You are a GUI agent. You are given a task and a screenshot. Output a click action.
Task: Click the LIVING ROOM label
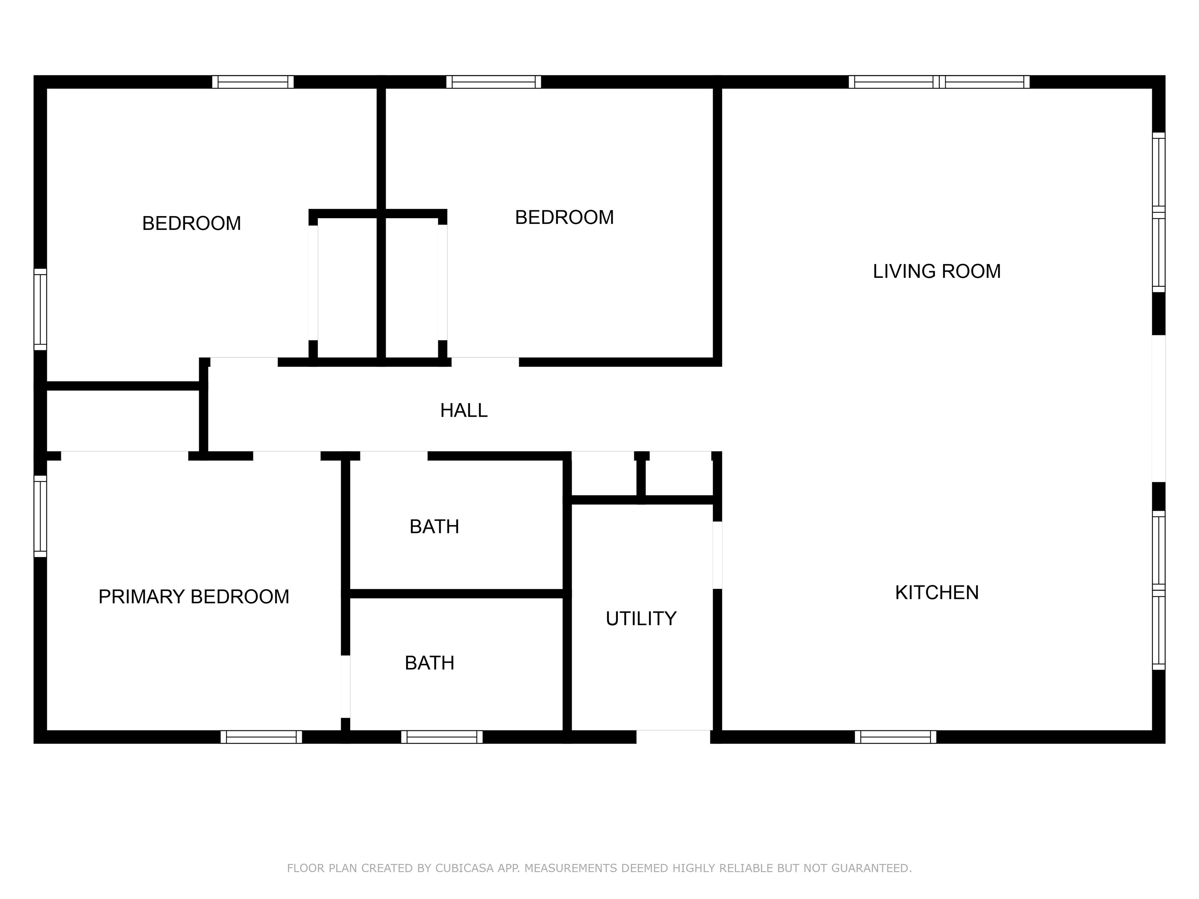tap(937, 271)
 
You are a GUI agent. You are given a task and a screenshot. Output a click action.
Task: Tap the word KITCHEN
tap(937, 592)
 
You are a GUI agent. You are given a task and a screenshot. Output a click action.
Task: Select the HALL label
tap(463, 410)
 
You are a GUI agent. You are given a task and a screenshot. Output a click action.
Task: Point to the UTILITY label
tap(641, 618)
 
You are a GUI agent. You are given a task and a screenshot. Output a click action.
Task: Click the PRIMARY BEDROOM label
tap(194, 596)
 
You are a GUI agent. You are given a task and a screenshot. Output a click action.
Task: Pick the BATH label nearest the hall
tap(434, 526)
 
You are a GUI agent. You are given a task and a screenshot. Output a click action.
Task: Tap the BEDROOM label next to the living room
tap(564, 217)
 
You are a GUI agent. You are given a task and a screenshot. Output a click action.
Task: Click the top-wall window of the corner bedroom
tap(253, 82)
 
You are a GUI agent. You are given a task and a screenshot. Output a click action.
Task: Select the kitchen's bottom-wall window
tap(895, 737)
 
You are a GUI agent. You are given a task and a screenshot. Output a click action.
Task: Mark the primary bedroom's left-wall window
tap(40, 517)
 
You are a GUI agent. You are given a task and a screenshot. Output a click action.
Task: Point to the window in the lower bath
tap(442, 737)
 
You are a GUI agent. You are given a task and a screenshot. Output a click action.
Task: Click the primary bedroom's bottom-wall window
tap(261, 737)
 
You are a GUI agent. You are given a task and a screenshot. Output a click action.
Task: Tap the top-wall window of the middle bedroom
tap(494, 82)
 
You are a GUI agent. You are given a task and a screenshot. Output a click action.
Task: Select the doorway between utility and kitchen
tap(717, 555)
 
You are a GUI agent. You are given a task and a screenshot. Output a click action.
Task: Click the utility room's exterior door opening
tap(673, 737)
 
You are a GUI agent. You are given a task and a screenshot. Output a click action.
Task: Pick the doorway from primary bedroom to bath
tap(345, 687)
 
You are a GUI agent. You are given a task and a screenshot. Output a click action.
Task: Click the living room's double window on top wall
tap(939, 82)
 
